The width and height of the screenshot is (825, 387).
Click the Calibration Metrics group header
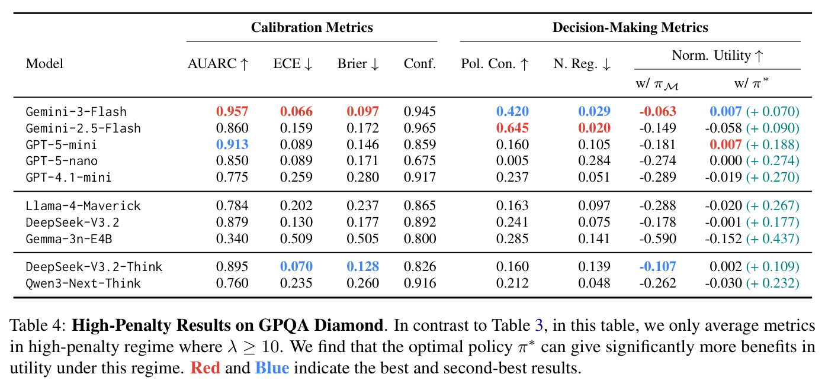tap(312, 28)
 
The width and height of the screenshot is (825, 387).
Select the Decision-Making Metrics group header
tap(630, 28)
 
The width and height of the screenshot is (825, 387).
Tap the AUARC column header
tap(218, 64)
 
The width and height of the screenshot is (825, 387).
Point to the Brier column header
tap(358, 64)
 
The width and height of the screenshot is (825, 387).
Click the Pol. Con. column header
tap(495, 64)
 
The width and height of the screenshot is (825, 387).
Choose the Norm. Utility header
tap(717, 56)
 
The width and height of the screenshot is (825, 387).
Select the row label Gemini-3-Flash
tap(76, 111)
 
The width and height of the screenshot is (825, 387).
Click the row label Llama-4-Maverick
tap(83, 206)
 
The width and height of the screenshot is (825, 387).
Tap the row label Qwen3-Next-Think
tap(83, 283)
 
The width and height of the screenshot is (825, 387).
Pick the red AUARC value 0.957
tap(232, 111)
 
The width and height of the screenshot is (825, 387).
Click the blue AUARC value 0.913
tap(232, 144)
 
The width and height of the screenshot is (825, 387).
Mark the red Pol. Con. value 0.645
tap(512, 128)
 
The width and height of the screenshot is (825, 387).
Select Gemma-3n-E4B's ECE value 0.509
tap(296, 238)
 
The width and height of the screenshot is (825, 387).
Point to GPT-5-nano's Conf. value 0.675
tap(420, 161)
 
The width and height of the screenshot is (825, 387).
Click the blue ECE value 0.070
tap(296, 266)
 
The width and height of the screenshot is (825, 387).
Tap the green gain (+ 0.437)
tap(773, 238)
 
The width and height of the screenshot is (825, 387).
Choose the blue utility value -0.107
tap(658, 266)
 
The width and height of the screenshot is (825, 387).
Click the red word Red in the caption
tap(205, 368)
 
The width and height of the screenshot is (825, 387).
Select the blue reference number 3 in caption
tap(539, 325)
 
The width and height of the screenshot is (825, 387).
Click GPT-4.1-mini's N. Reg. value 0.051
tap(594, 178)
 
